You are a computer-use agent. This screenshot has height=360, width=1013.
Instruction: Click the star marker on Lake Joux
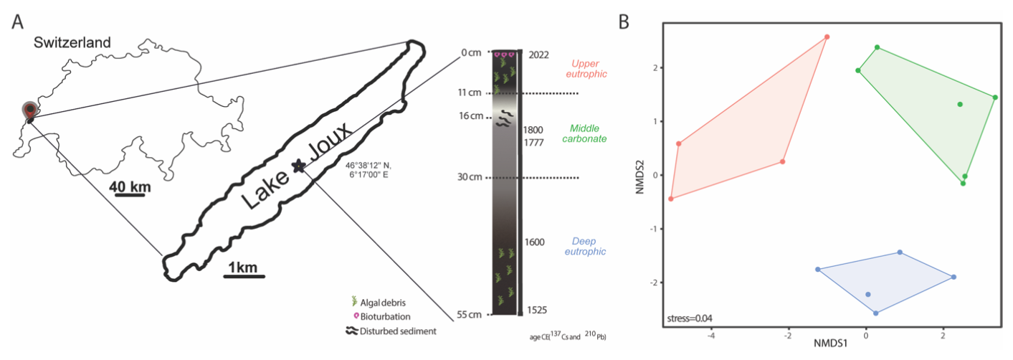[x=298, y=166]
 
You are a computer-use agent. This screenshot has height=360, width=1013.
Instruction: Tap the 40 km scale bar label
[x=130, y=187]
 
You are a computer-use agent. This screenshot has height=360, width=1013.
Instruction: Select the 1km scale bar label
[x=243, y=267]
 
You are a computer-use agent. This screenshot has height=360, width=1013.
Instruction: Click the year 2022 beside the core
[x=538, y=55]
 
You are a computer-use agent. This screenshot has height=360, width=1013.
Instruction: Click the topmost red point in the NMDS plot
[x=827, y=37]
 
